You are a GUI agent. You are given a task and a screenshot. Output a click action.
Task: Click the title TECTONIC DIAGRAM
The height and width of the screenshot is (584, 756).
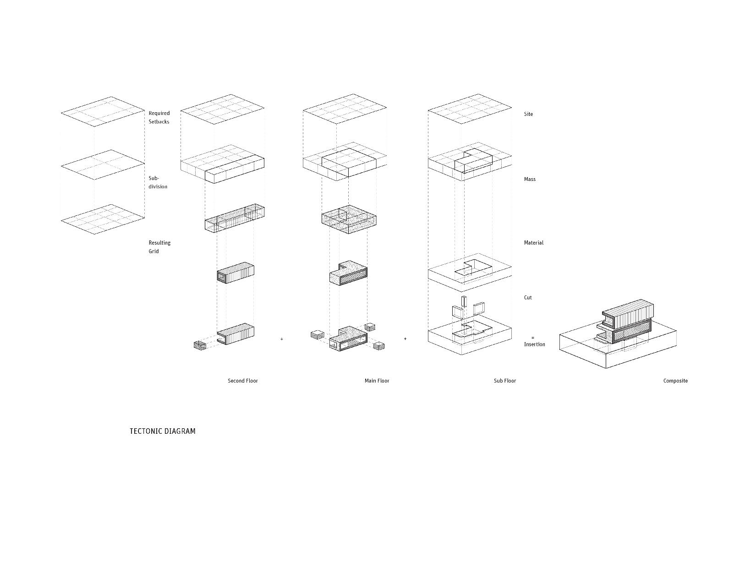click(162, 431)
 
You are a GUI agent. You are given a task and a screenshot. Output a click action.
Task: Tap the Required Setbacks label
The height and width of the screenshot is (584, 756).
click(159, 117)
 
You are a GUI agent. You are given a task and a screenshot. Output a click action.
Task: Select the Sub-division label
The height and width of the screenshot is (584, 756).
click(158, 182)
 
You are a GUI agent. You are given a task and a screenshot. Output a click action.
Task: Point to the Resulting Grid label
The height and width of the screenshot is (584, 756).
click(159, 247)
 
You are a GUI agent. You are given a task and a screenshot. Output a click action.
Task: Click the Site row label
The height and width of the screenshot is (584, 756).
click(528, 114)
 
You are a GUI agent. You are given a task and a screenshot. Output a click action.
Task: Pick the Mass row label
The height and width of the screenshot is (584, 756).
click(530, 179)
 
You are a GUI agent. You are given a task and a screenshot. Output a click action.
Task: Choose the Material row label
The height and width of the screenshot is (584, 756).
click(534, 243)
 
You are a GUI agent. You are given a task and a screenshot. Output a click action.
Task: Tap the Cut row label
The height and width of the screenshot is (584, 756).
click(528, 298)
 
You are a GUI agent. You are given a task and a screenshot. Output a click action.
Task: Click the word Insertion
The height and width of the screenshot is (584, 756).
click(534, 344)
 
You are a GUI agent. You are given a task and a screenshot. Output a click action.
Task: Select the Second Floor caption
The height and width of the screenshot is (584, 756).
click(243, 381)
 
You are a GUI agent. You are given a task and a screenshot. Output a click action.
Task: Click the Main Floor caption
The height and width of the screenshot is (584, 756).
click(377, 381)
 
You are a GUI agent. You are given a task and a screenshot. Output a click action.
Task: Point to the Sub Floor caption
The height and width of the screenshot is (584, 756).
click(504, 381)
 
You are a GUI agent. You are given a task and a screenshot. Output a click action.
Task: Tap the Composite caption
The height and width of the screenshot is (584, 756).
click(675, 381)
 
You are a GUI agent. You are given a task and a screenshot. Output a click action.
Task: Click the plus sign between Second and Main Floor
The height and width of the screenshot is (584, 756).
click(282, 339)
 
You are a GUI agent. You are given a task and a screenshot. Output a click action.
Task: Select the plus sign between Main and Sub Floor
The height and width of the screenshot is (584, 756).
click(405, 339)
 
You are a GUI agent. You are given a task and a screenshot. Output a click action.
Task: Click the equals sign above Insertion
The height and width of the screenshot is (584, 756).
click(533, 338)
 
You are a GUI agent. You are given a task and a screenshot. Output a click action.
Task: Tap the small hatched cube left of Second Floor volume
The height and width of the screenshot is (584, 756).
click(200, 345)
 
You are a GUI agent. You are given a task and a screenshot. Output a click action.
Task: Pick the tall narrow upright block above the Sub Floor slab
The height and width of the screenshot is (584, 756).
click(464, 302)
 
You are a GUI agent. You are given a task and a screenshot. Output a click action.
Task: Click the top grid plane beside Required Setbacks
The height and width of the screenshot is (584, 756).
click(103, 111)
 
